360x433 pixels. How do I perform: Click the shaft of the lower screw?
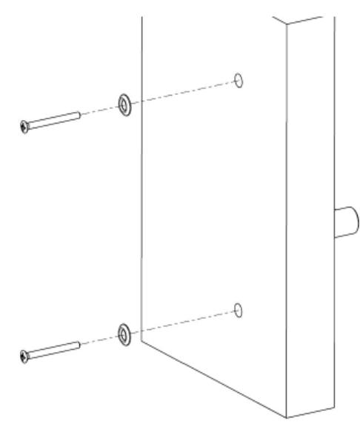click(x=56, y=350)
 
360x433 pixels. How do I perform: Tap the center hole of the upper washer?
click(x=121, y=105)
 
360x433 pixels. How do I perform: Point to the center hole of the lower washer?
click(x=121, y=335)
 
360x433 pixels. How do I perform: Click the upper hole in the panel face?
click(x=238, y=79)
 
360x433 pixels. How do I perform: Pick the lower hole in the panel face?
click(x=238, y=309)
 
